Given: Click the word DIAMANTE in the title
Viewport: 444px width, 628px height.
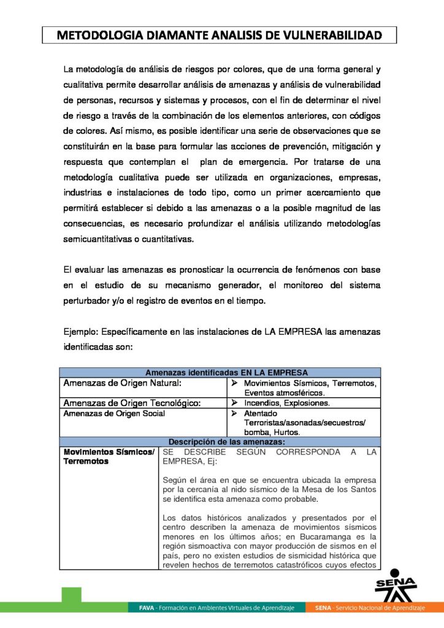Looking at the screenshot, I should point(177,35).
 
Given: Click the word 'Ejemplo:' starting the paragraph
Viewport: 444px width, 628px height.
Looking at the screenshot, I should point(82,332).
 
